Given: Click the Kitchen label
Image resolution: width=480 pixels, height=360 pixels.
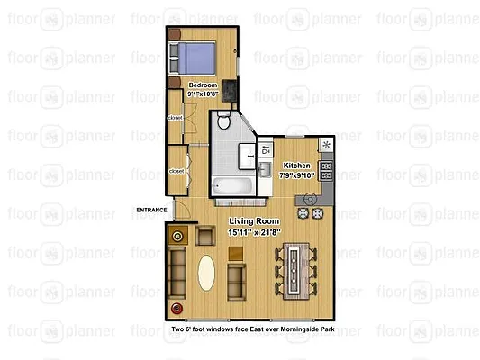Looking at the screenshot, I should pos(297,166).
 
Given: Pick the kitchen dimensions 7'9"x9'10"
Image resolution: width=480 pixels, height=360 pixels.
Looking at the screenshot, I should pos(297,175).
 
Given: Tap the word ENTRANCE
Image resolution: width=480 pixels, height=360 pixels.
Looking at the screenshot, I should pos(151,211).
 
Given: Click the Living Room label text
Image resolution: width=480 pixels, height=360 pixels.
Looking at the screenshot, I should pos(253,221).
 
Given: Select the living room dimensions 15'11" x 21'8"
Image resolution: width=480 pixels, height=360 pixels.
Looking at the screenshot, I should pos(253,231).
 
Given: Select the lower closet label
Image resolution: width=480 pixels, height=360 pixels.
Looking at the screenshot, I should pos(176,170).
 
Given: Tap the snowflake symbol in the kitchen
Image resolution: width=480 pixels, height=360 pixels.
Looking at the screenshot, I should pos(327,145).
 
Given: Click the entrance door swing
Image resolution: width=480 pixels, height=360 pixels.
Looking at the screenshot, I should pos(182,214).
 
